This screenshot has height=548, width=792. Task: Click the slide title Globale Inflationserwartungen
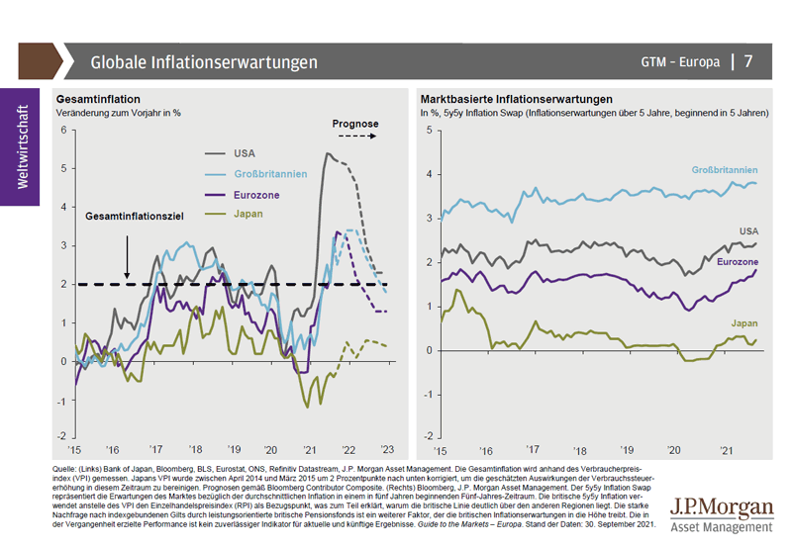[204, 62]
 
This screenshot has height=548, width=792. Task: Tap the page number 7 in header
[748, 62]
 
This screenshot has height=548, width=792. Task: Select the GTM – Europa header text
[679, 62]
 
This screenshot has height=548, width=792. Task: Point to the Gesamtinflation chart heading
[99, 100]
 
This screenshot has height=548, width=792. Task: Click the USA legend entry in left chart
[245, 153]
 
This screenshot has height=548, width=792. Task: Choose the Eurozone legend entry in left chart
[257, 195]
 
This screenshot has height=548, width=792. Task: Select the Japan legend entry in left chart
[250, 215]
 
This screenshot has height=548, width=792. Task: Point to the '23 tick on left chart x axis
[386, 448]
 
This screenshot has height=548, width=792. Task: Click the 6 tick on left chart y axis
[61, 130]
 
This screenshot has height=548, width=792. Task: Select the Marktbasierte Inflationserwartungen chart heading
[516, 100]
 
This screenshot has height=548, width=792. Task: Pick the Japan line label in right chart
[743, 323]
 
